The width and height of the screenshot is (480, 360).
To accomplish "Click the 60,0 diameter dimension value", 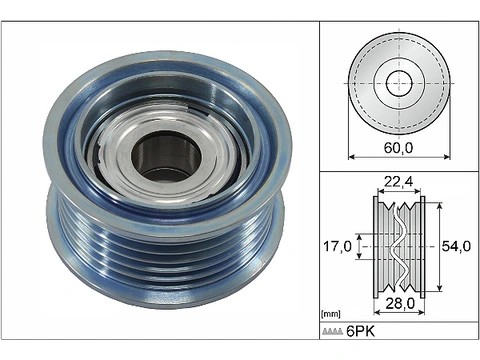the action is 398,148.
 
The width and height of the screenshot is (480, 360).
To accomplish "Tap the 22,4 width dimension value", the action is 399,182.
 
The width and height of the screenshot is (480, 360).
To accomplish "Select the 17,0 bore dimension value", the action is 337,246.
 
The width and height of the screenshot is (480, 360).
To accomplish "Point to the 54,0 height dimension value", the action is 456,246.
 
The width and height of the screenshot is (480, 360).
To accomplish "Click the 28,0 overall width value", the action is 400,303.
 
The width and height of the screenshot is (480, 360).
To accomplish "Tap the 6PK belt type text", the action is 361,331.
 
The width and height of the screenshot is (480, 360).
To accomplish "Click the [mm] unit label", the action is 331,314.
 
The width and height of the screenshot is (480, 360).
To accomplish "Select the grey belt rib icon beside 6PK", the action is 332,331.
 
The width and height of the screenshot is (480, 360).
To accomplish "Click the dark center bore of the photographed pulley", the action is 167,157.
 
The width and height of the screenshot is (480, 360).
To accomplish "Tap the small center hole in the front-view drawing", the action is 399,83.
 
